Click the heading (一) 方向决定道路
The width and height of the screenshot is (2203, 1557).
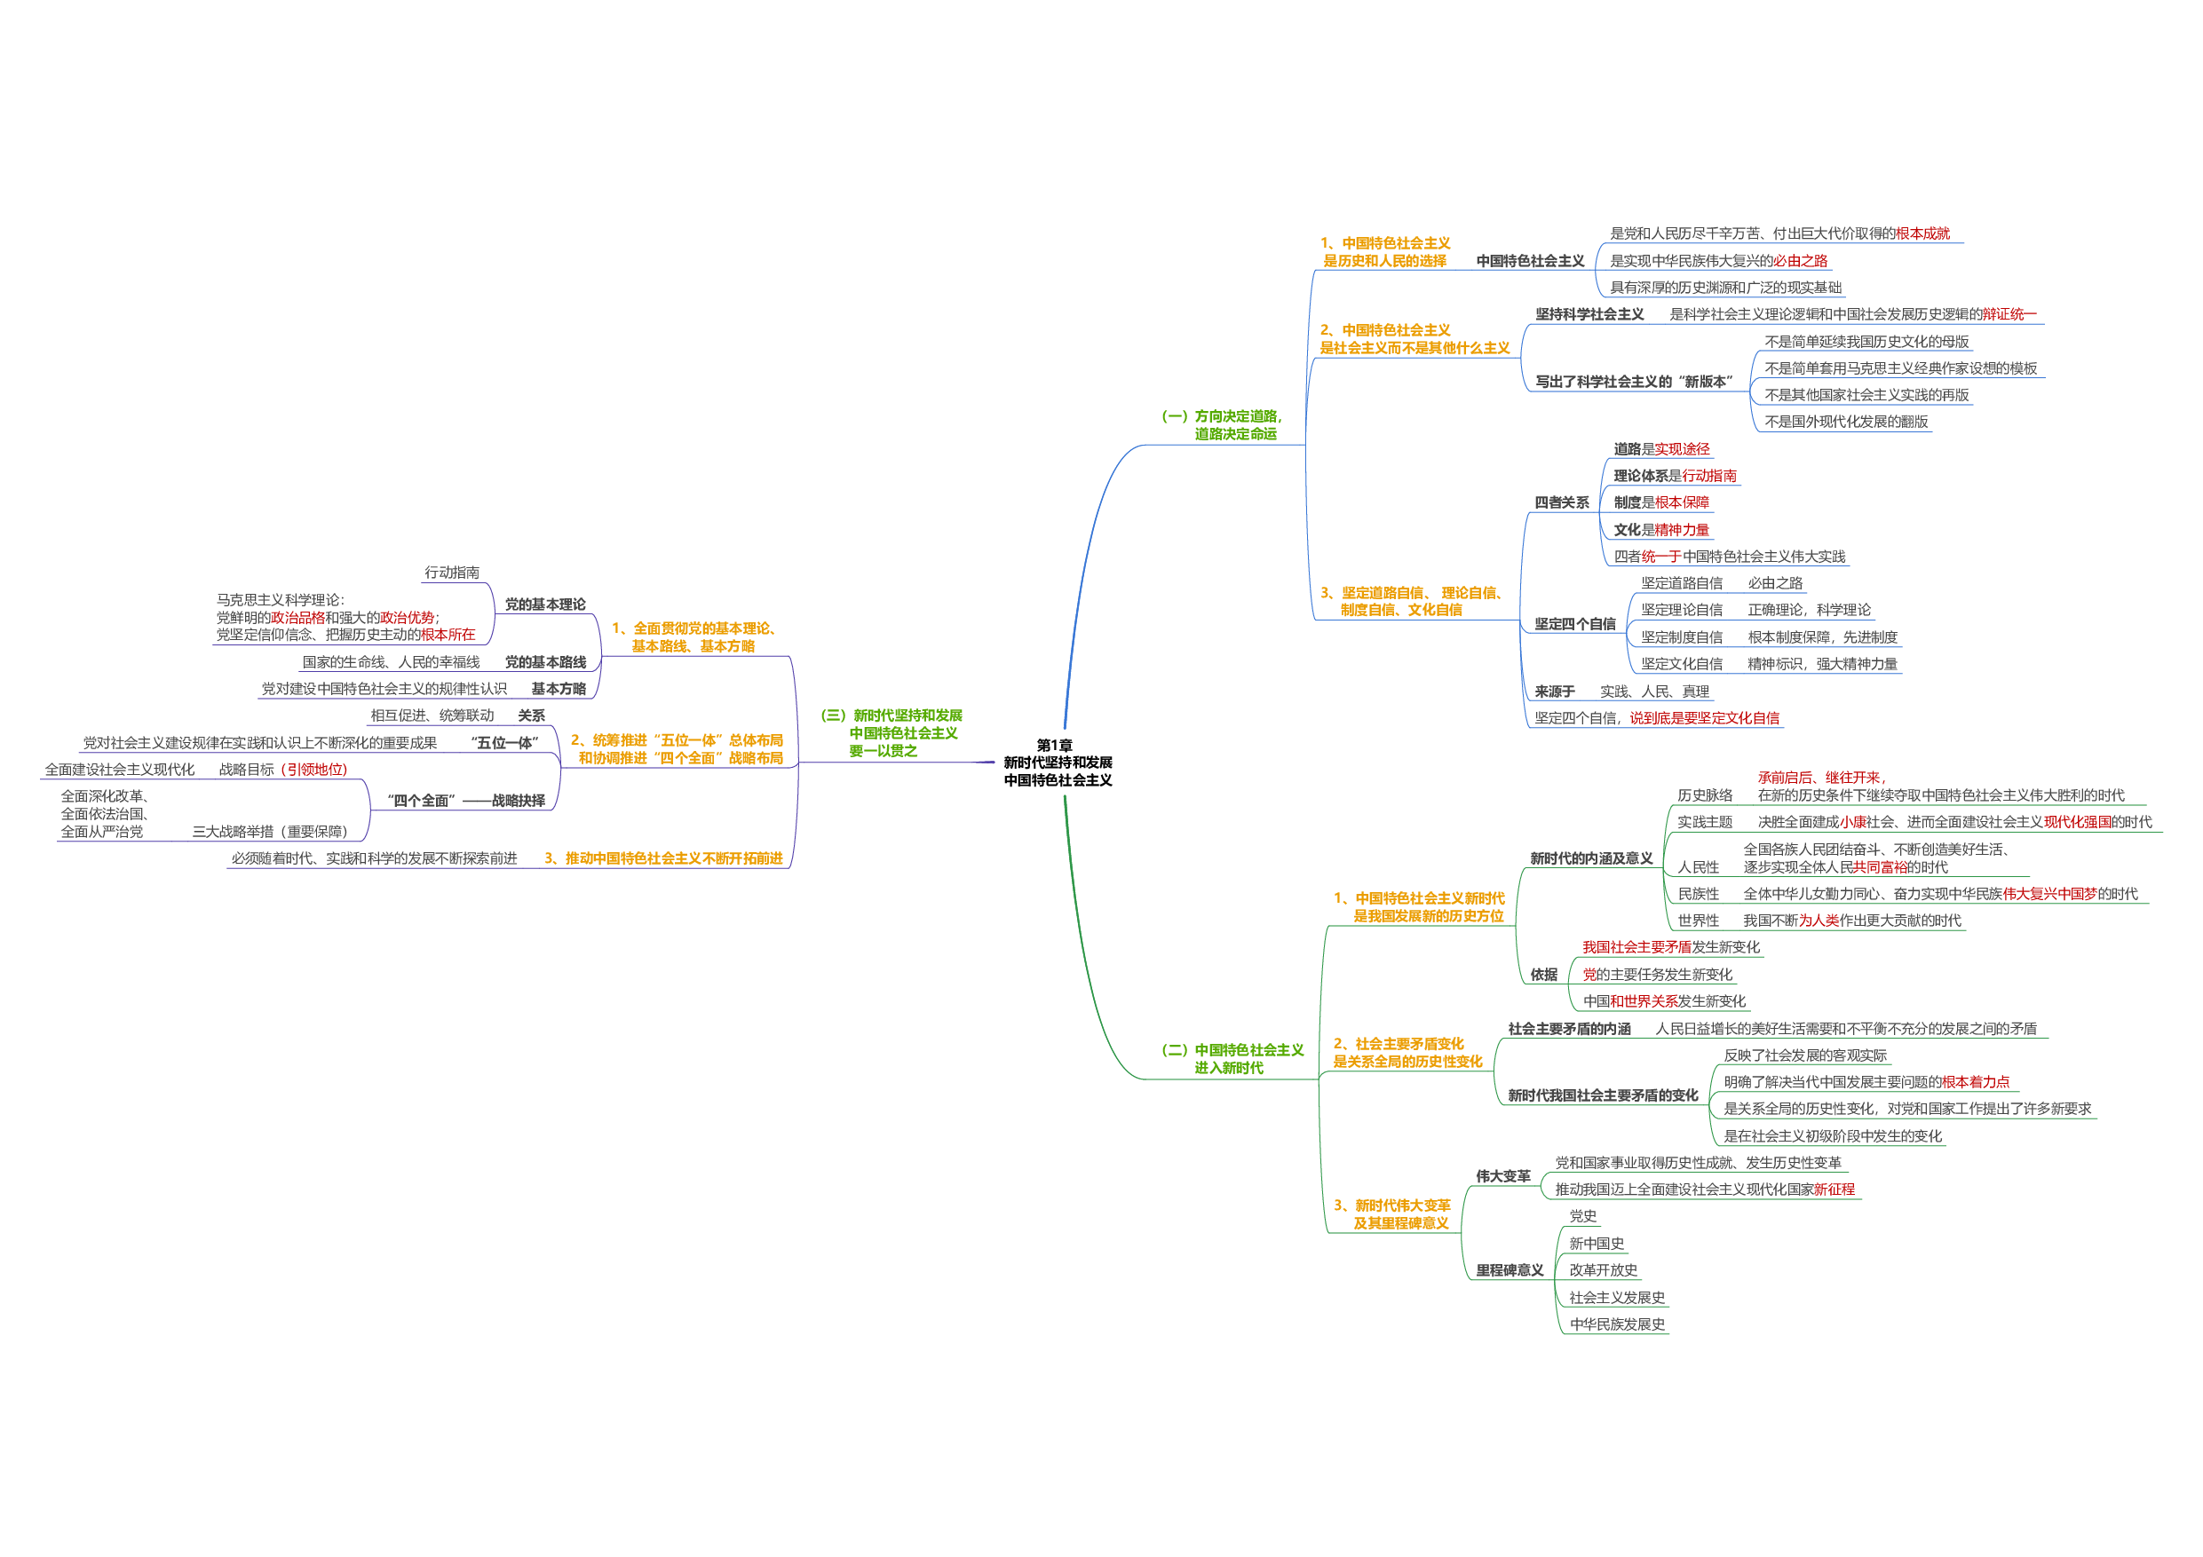click(x=1223, y=425)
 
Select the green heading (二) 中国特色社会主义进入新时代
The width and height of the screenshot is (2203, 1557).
click(x=1233, y=1059)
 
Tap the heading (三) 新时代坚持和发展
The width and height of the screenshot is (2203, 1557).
click(x=892, y=733)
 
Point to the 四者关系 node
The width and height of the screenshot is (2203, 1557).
click(x=1561, y=502)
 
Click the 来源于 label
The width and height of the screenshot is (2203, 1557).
click(x=1555, y=692)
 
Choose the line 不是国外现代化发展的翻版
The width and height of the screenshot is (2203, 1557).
click(x=1846, y=423)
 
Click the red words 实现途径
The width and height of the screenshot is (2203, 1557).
click(x=1681, y=449)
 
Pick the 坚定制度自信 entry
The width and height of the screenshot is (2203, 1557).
click(x=1681, y=637)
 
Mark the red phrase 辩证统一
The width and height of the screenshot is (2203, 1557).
click(x=2009, y=314)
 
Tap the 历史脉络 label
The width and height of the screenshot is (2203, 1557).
click(x=1705, y=795)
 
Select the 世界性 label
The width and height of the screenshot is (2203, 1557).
click(x=1699, y=921)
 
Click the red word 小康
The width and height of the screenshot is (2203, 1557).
click(x=1853, y=822)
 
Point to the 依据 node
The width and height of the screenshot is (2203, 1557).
click(x=1544, y=975)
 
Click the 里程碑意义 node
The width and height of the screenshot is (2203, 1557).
click(x=1510, y=1271)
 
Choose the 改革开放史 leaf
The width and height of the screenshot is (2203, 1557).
click(x=1603, y=1270)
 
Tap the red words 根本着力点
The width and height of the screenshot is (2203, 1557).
click(x=1975, y=1082)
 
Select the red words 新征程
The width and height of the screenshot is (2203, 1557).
click(x=1834, y=1189)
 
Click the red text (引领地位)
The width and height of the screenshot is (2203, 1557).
click(x=313, y=770)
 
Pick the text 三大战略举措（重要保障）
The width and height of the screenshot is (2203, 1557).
click(x=270, y=832)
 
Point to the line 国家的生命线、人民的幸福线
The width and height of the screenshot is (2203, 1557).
click(x=391, y=662)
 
